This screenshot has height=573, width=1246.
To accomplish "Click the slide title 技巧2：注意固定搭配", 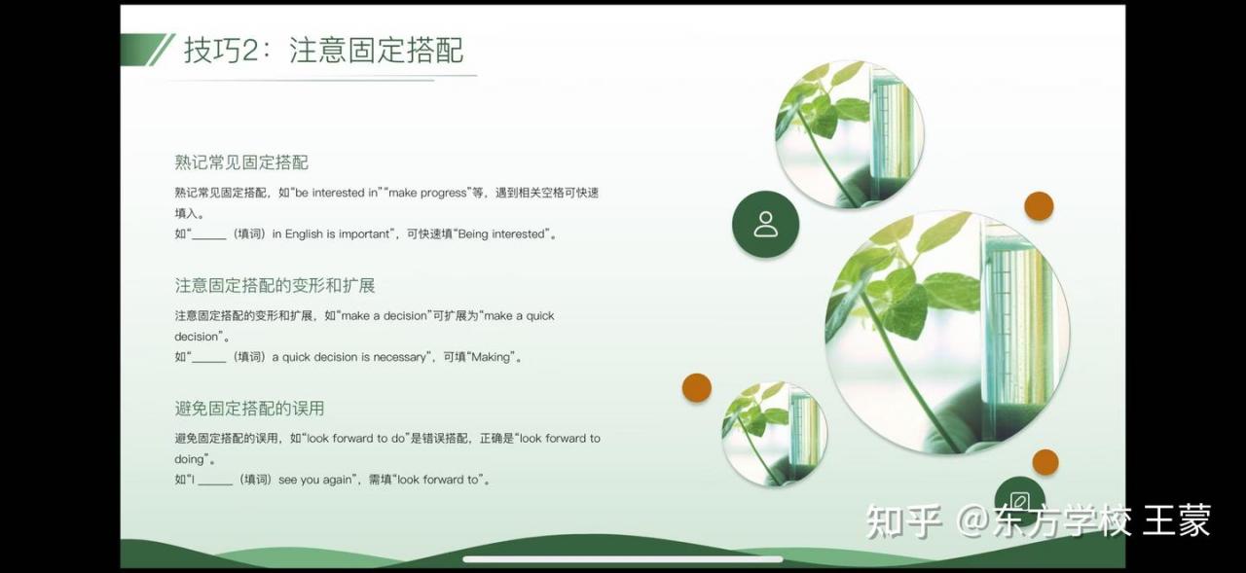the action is (324, 50).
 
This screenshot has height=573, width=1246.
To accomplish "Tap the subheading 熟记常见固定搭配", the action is (241, 162).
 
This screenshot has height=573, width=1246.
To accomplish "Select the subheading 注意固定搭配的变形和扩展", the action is (275, 286).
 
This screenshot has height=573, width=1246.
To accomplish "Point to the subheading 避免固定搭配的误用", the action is (250, 409).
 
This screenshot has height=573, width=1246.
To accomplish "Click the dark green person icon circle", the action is (765, 224).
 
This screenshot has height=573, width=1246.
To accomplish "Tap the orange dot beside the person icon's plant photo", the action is (1039, 206).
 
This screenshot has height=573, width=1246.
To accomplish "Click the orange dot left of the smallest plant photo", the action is (696, 387).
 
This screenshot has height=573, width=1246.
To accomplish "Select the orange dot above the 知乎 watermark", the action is (1045, 462).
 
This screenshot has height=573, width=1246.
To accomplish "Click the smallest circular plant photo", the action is (774, 434).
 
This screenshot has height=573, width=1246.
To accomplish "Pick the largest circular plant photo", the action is (947, 333).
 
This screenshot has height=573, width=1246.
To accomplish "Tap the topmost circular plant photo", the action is (850, 134).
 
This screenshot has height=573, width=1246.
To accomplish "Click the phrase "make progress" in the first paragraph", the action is (427, 193).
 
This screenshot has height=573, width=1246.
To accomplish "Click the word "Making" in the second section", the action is (490, 357).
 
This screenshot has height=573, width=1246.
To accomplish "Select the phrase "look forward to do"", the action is (356, 439).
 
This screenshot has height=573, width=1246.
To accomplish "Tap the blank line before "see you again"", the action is (215, 483).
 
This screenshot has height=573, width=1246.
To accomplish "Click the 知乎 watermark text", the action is (904, 521).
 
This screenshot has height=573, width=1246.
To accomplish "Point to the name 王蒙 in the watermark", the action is (1177, 520).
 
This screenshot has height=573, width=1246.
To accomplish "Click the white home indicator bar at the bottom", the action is (623, 559).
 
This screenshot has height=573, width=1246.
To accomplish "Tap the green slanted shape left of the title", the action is (148, 50).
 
